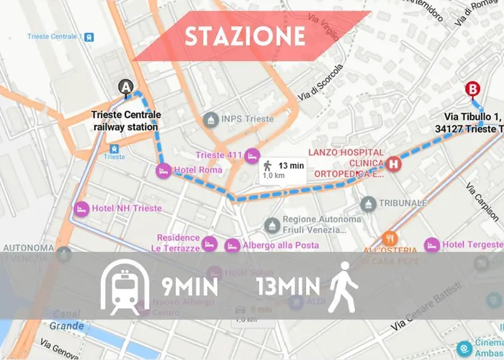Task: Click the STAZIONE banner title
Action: (x=245, y=37)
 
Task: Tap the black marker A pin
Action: (x=126, y=88)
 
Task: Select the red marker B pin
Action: (x=472, y=89)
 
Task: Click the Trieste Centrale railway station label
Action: (x=126, y=121)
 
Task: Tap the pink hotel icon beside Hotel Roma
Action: (x=163, y=170)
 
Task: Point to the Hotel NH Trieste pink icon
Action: (x=81, y=209)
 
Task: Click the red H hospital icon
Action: (x=393, y=163)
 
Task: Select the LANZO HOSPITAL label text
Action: (x=346, y=153)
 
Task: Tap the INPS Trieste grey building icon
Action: (x=210, y=119)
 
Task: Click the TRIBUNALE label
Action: (x=403, y=203)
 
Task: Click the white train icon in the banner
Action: (x=125, y=286)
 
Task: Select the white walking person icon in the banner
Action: (x=343, y=287)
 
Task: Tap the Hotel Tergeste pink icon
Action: (x=432, y=245)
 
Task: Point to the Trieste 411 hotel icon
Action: (x=251, y=155)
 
